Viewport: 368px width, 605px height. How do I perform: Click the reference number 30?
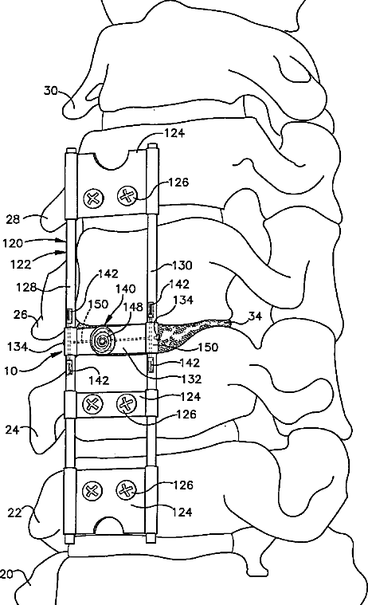pyautogui.click(x=50, y=91)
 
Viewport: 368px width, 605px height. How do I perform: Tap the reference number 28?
pyautogui.click(x=13, y=219)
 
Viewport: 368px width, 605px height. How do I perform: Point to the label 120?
pyautogui.click(x=12, y=243)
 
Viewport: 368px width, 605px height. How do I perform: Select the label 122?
pyautogui.click(x=21, y=265)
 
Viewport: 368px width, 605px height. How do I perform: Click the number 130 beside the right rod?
pyautogui.click(x=182, y=265)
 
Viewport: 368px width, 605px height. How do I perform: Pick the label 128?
pyautogui.click(x=26, y=287)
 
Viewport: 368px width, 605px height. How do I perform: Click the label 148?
pyautogui.click(x=133, y=307)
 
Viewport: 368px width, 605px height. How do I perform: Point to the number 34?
pyautogui.click(x=255, y=316)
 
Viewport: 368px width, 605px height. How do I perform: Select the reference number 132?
pyautogui.click(x=191, y=379)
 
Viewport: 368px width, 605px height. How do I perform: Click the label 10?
pyautogui.click(x=11, y=371)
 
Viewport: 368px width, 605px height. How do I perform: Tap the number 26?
pyautogui.click(x=20, y=315)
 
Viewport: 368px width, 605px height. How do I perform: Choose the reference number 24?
pyautogui.click(x=12, y=429)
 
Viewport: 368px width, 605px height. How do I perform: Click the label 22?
pyautogui.click(x=14, y=513)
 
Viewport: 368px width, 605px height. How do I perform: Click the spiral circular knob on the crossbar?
pyautogui.click(x=101, y=340)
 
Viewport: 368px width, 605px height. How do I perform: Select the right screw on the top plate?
pyautogui.click(x=127, y=196)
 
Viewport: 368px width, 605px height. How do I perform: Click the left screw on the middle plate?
pyautogui.click(x=92, y=405)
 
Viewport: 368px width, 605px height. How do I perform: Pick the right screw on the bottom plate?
pyautogui.click(x=126, y=491)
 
